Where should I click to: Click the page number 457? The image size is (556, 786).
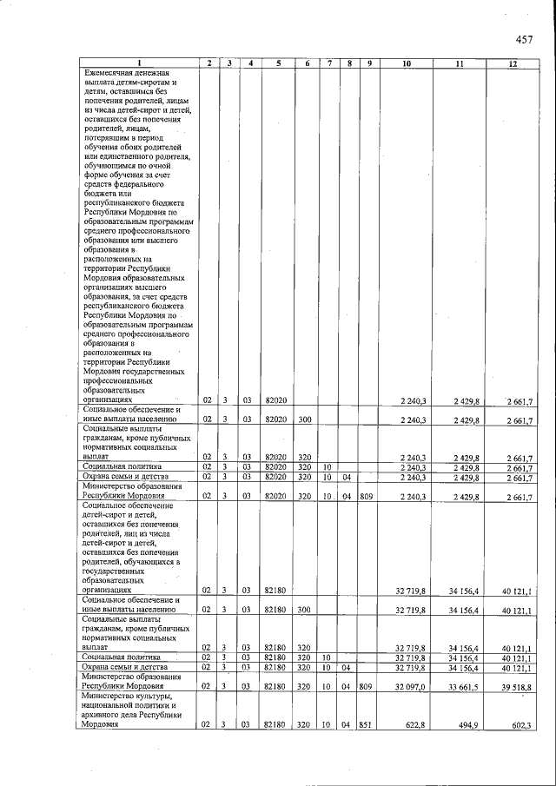click(523, 38)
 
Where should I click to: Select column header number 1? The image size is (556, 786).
click(137, 64)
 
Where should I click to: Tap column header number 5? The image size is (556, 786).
click(276, 64)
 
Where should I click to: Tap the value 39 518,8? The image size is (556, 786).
click(518, 684)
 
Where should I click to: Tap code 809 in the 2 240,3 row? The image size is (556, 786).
click(366, 496)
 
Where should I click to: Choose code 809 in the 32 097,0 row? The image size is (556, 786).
click(366, 684)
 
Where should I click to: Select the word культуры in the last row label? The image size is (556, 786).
click(147, 695)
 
